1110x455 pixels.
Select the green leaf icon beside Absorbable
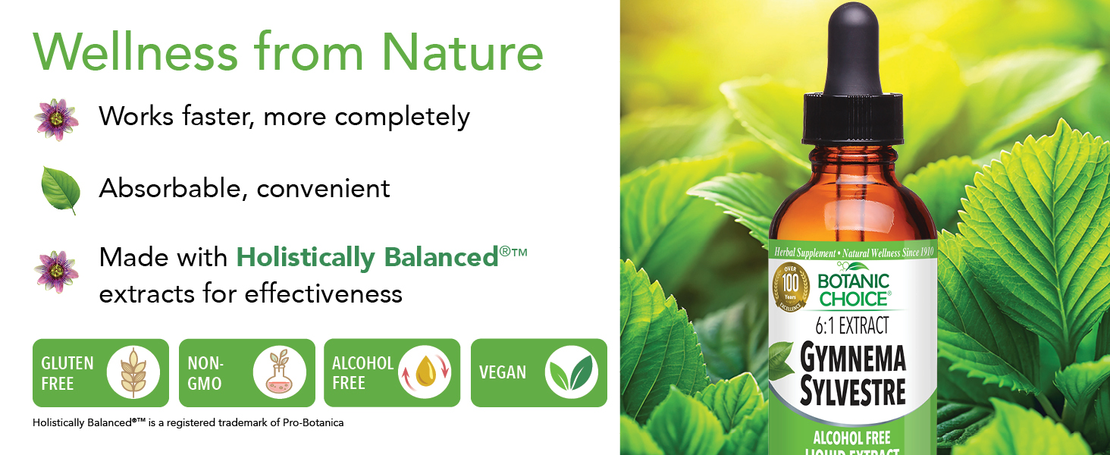click(60, 190)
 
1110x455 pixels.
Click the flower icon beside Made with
click(56, 271)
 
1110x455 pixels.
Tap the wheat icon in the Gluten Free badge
click(133, 373)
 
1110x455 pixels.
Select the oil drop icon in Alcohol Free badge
click(425, 373)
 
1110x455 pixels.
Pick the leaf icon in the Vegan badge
click(572, 372)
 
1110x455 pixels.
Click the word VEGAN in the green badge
click(503, 373)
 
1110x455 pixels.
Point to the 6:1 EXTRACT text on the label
click(853, 326)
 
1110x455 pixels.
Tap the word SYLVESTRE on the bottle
click(853, 392)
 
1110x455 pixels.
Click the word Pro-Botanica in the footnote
click(312, 422)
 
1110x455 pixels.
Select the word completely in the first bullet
click(403, 117)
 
